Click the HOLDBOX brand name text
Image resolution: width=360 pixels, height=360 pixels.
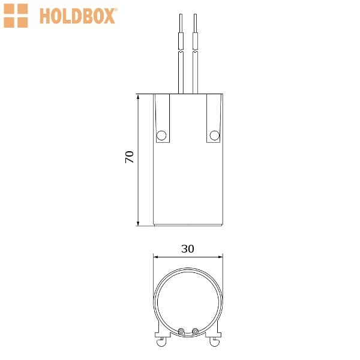[x=77, y=16]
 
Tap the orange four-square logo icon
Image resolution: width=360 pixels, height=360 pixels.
[x=16, y=16]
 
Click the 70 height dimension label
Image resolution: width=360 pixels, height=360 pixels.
[x=130, y=157]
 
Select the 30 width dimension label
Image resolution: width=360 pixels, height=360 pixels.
[x=188, y=249]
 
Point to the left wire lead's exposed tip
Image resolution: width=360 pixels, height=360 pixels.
[x=181, y=23]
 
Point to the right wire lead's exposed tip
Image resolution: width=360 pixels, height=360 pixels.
[x=195, y=23]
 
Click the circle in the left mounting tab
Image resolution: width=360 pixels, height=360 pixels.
[x=161, y=136]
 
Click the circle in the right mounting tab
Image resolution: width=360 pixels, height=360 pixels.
[x=214, y=136]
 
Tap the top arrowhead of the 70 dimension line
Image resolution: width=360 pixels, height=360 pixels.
[x=138, y=97]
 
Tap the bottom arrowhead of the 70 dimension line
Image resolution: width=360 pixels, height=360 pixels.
[x=138, y=223]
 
